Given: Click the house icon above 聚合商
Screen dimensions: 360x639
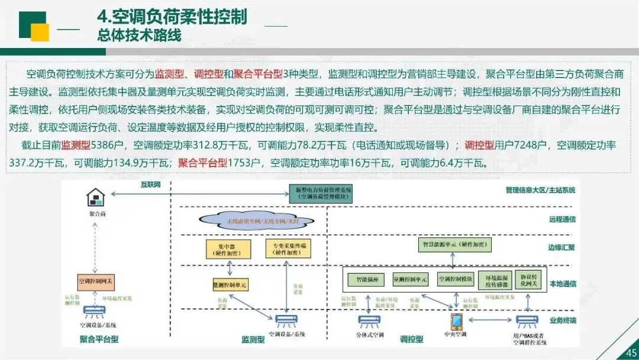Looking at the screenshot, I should pos(95,197).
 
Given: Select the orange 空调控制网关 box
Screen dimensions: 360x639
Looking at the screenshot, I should pos(95,280).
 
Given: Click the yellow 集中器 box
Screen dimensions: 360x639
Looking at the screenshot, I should pos(225,249).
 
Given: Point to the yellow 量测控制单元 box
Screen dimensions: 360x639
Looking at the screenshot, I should pos(230,285).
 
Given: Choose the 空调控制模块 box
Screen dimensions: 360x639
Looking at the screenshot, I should pos(456,279).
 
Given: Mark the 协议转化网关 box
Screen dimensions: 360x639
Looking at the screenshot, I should pos(528,279).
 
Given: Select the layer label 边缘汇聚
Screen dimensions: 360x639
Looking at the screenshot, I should pos(562,247).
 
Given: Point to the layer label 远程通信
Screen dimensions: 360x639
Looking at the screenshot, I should pos(562,219).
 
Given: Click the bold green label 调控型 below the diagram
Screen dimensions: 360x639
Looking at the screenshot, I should pos(411,339).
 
